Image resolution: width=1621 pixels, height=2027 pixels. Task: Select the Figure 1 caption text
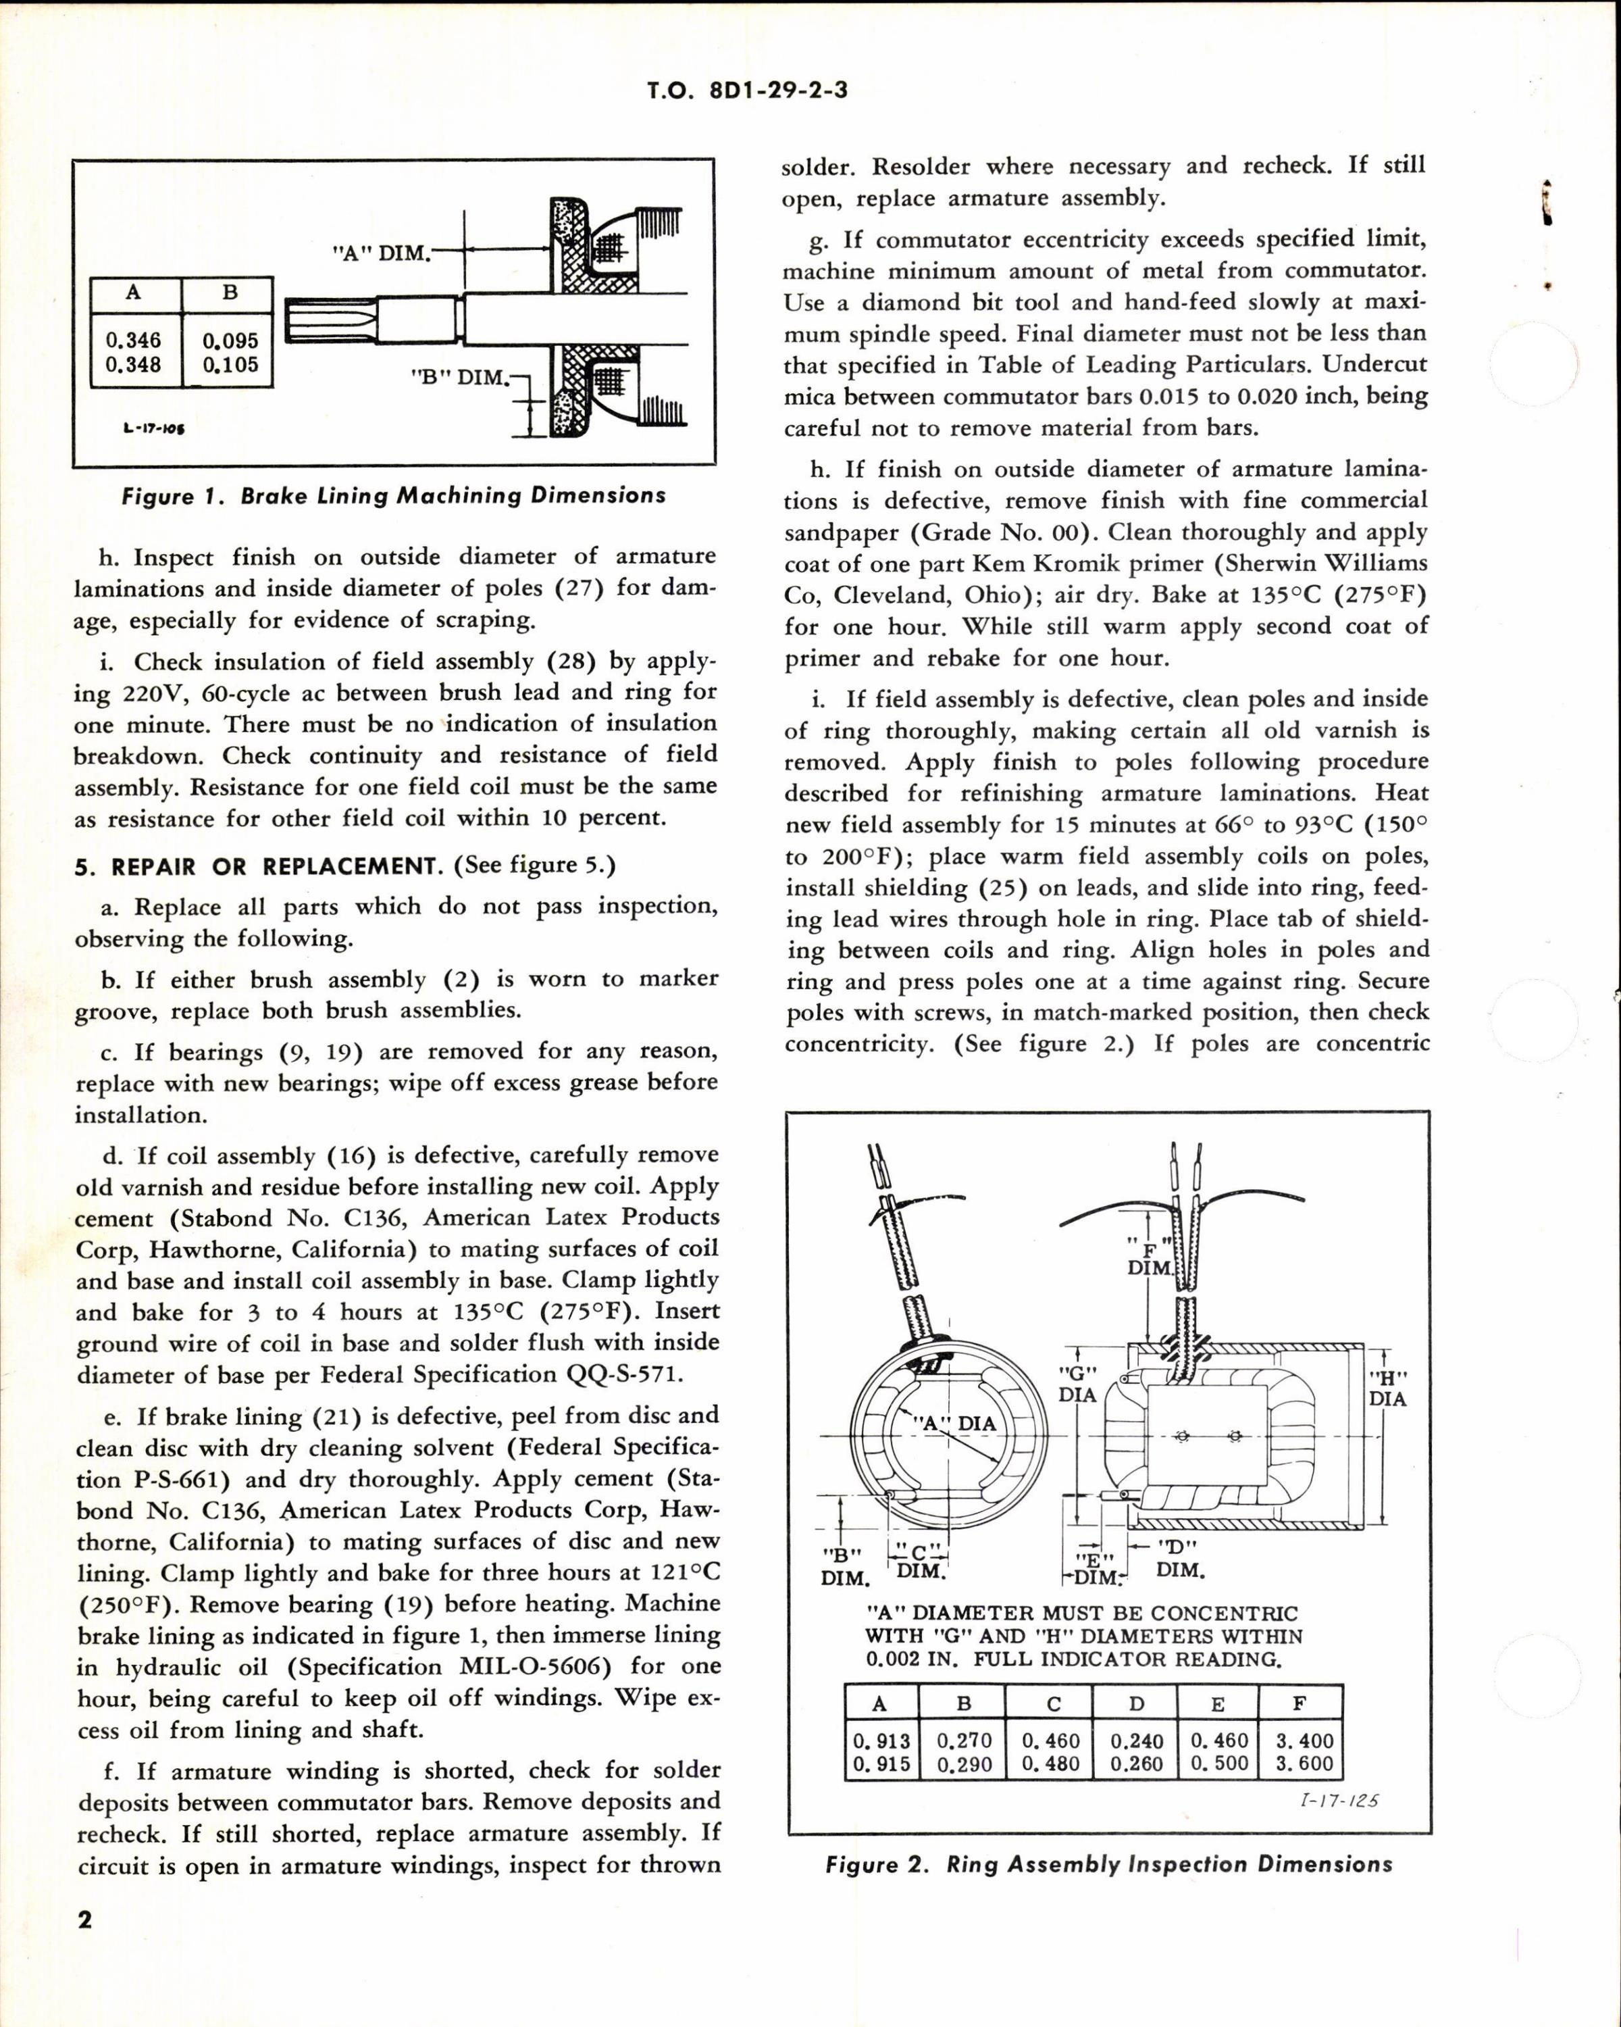[x=394, y=495]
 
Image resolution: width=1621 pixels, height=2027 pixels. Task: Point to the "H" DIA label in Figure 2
[x=1388, y=1388]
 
